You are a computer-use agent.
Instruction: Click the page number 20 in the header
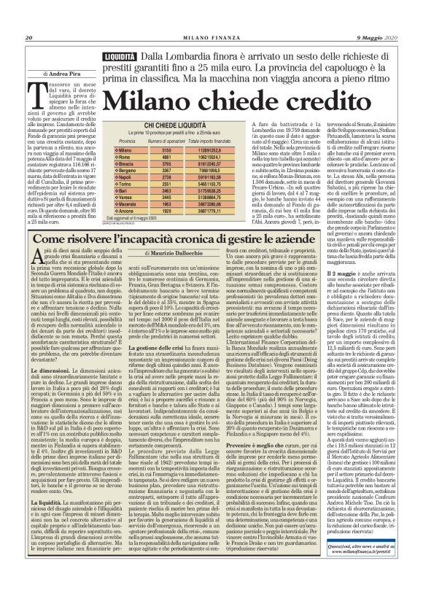pos(30,18)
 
